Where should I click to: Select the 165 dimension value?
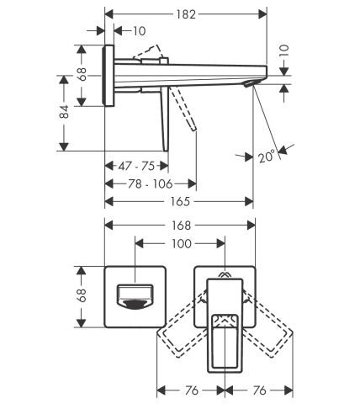tap(178, 201)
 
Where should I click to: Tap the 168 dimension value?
tap(179, 225)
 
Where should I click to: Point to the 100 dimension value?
tap(180, 243)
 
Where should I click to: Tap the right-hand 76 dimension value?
tap(257, 390)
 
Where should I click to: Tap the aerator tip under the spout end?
tap(247, 85)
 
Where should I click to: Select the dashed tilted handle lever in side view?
tap(186, 109)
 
